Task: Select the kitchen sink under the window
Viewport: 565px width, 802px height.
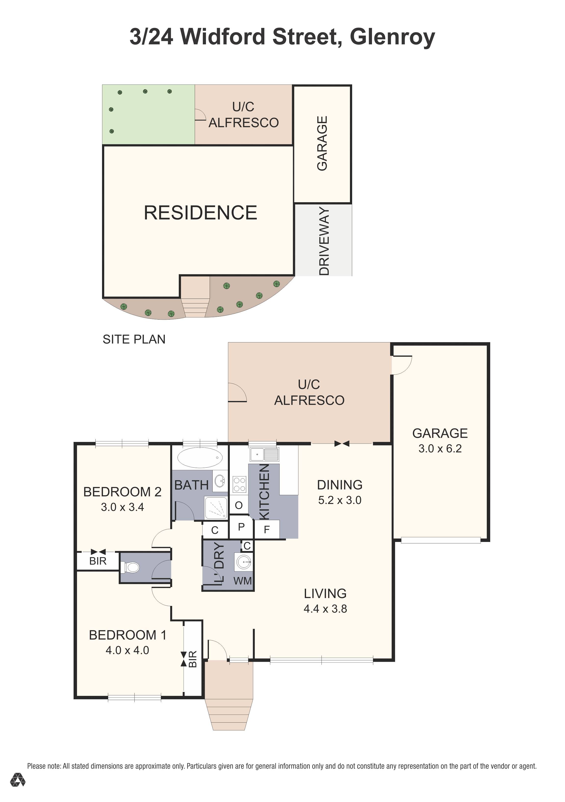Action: [264, 454]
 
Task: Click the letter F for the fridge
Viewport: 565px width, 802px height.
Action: [267, 530]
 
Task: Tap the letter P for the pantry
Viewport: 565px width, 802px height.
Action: [241, 527]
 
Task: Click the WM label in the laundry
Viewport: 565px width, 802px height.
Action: [243, 581]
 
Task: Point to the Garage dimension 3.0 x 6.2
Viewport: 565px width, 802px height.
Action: [440, 449]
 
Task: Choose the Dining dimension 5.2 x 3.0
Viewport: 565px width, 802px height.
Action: [340, 500]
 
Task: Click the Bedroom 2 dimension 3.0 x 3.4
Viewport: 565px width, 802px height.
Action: [122, 507]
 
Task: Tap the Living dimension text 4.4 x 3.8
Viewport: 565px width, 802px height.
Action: [325, 609]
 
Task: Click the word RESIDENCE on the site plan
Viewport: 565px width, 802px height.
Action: [201, 213]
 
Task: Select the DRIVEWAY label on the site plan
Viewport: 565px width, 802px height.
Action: [324, 241]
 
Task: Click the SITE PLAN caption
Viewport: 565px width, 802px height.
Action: [134, 339]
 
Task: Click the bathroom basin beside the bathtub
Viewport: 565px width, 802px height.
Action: [220, 481]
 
